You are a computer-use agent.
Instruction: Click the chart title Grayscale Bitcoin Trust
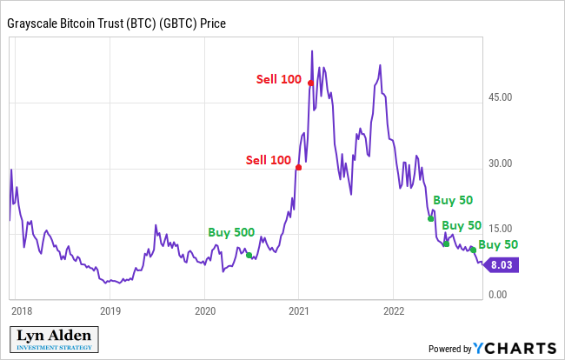(x=116, y=23)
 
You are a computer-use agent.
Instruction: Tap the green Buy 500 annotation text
(x=231, y=233)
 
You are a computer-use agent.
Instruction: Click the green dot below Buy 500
(x=249, y=255)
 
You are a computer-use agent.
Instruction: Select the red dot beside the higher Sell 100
(x=310, y=83)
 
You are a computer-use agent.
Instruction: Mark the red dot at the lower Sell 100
(x=298, y=167)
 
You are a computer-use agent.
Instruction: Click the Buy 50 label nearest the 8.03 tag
(x=498, y=245)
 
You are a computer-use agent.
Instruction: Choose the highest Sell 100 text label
(x=278, y=79)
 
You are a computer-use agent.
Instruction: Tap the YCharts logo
(x=515, y=347)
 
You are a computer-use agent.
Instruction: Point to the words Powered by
(x=449, y=349)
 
